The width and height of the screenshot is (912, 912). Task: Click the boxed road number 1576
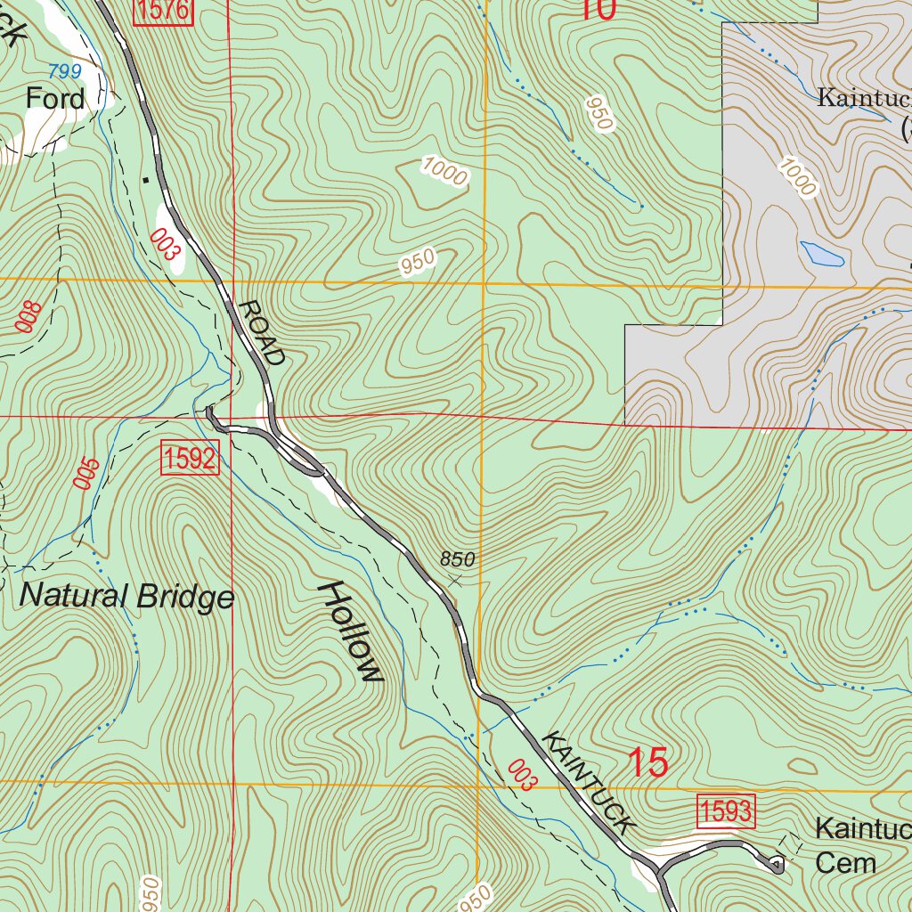[163, 11]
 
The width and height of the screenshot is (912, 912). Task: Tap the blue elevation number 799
[65, 71]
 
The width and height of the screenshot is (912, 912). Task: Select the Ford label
[55, 98]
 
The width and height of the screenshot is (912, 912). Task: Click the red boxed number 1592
[190, 459]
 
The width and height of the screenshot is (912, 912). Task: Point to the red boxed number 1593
[725, 811]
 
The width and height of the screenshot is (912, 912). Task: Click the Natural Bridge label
[126, 596]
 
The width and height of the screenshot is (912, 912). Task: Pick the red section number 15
[647, 764]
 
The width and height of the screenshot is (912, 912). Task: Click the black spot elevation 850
[457, 559]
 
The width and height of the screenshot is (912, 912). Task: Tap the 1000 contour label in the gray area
[796, 176]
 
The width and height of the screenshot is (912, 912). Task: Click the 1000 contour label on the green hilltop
[444, 171]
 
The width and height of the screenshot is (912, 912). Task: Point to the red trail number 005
[85, 473]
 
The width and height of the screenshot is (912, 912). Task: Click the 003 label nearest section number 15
[523, 775]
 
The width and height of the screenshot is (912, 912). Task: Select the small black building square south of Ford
[145, 181]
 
